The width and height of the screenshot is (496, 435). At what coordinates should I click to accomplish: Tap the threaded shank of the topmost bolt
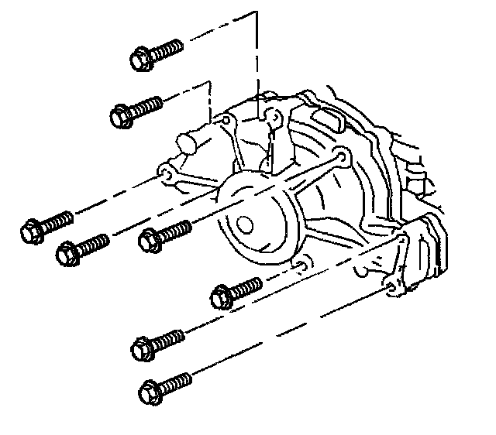coord(167,50)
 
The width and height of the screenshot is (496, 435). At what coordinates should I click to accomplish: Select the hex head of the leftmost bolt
coord(30,231)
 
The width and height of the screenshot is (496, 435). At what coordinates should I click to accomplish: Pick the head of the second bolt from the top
coord(120,116)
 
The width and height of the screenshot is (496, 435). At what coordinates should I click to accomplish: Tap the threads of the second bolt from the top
coord(149,106)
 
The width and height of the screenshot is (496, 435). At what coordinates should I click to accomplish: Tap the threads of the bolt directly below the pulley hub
coord(248,286)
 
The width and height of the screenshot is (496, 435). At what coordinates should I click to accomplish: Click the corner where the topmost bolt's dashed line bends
coord(256,14)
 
